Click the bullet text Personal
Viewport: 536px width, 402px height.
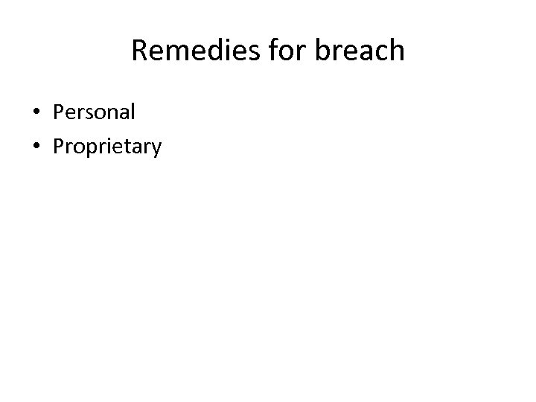(x=94, y=112)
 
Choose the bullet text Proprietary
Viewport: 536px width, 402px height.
(x=106, y=147)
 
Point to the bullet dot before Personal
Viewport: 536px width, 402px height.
(x=36, y=113)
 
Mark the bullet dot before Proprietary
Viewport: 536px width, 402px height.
(x=36, y=147)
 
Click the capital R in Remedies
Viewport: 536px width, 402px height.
(x=139, y=51)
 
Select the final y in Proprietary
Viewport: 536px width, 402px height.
(x=155, y=150)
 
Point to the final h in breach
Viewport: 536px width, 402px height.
(x=397, y=50)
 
